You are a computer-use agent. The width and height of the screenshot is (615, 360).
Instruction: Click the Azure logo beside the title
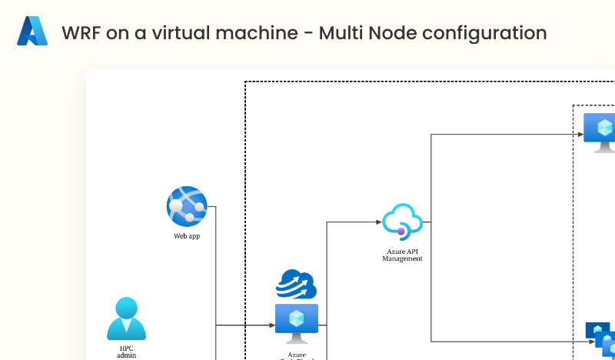point(32,32)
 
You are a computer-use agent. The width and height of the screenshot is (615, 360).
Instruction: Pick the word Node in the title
point(392,33)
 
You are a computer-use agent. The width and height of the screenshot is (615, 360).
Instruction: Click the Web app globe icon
point(187,206)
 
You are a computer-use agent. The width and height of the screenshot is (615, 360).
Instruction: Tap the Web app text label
point(187,236)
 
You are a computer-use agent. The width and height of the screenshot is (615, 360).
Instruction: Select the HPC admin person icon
point(126,318)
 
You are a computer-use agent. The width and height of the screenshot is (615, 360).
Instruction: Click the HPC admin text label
point(126,352)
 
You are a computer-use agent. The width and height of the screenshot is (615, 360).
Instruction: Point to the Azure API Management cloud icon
point(403,220)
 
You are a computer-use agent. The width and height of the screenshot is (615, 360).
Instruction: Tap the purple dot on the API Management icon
point(401,231)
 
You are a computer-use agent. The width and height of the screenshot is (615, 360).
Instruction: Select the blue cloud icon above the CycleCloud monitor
point(297,284)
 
